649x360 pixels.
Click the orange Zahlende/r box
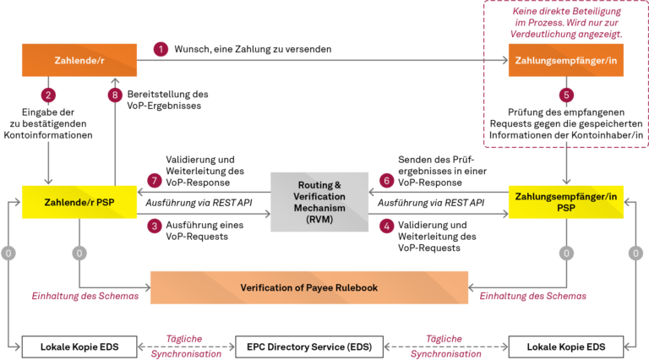[79, 61]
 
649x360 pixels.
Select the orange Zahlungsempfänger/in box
[565, 61]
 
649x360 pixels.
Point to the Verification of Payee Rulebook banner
[309, 288]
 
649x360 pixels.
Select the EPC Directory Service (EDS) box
[309, 346]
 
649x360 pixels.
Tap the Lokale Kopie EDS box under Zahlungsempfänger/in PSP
[565, 346]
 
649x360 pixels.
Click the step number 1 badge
[161, 50]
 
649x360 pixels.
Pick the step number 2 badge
[49, 95]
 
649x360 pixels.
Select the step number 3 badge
[155, 226]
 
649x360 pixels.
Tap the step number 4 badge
[387, 226]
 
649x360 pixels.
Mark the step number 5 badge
[566, 95]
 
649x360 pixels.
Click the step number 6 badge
[387, 181]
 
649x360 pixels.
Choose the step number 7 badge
[155, 181]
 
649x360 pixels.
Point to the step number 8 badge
[116, 95]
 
